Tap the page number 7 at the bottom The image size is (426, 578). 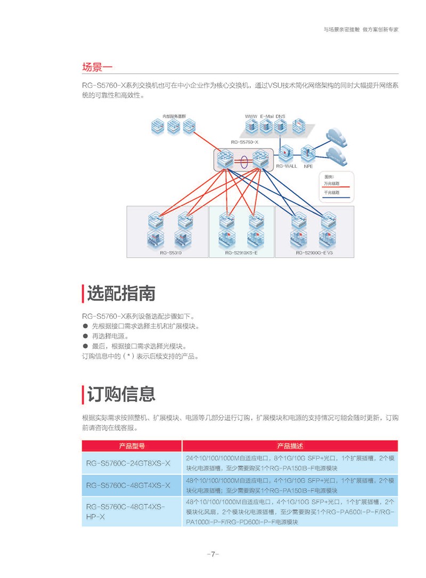[212, 554]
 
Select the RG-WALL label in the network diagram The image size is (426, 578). [286, 166]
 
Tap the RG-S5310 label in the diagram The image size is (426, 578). [170, 253]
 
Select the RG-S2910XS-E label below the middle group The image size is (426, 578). [241, 253]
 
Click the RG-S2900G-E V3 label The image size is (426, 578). [314, 253]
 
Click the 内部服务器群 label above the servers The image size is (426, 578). [174, 115]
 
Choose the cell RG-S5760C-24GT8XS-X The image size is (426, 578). [128, 463]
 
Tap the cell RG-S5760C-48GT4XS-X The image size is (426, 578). [128, 485]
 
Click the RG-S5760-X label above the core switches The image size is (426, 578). [244, 142]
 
